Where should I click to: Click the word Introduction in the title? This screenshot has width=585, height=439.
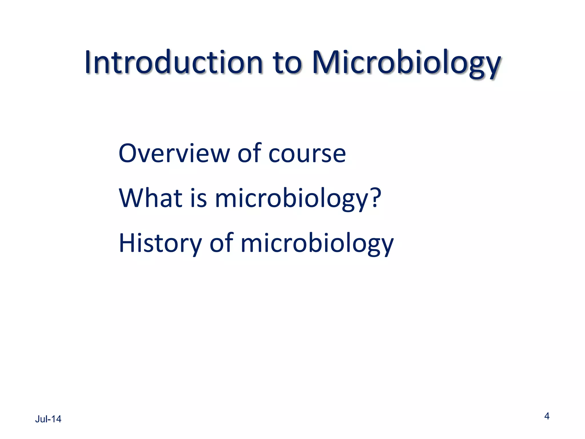173,62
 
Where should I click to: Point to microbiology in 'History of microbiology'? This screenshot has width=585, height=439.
317,244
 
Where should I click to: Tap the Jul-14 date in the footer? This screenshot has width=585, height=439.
48,419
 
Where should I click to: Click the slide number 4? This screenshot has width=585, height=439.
547,416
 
